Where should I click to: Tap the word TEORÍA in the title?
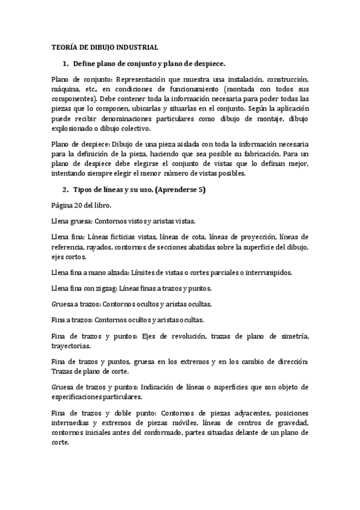coord(64,47)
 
